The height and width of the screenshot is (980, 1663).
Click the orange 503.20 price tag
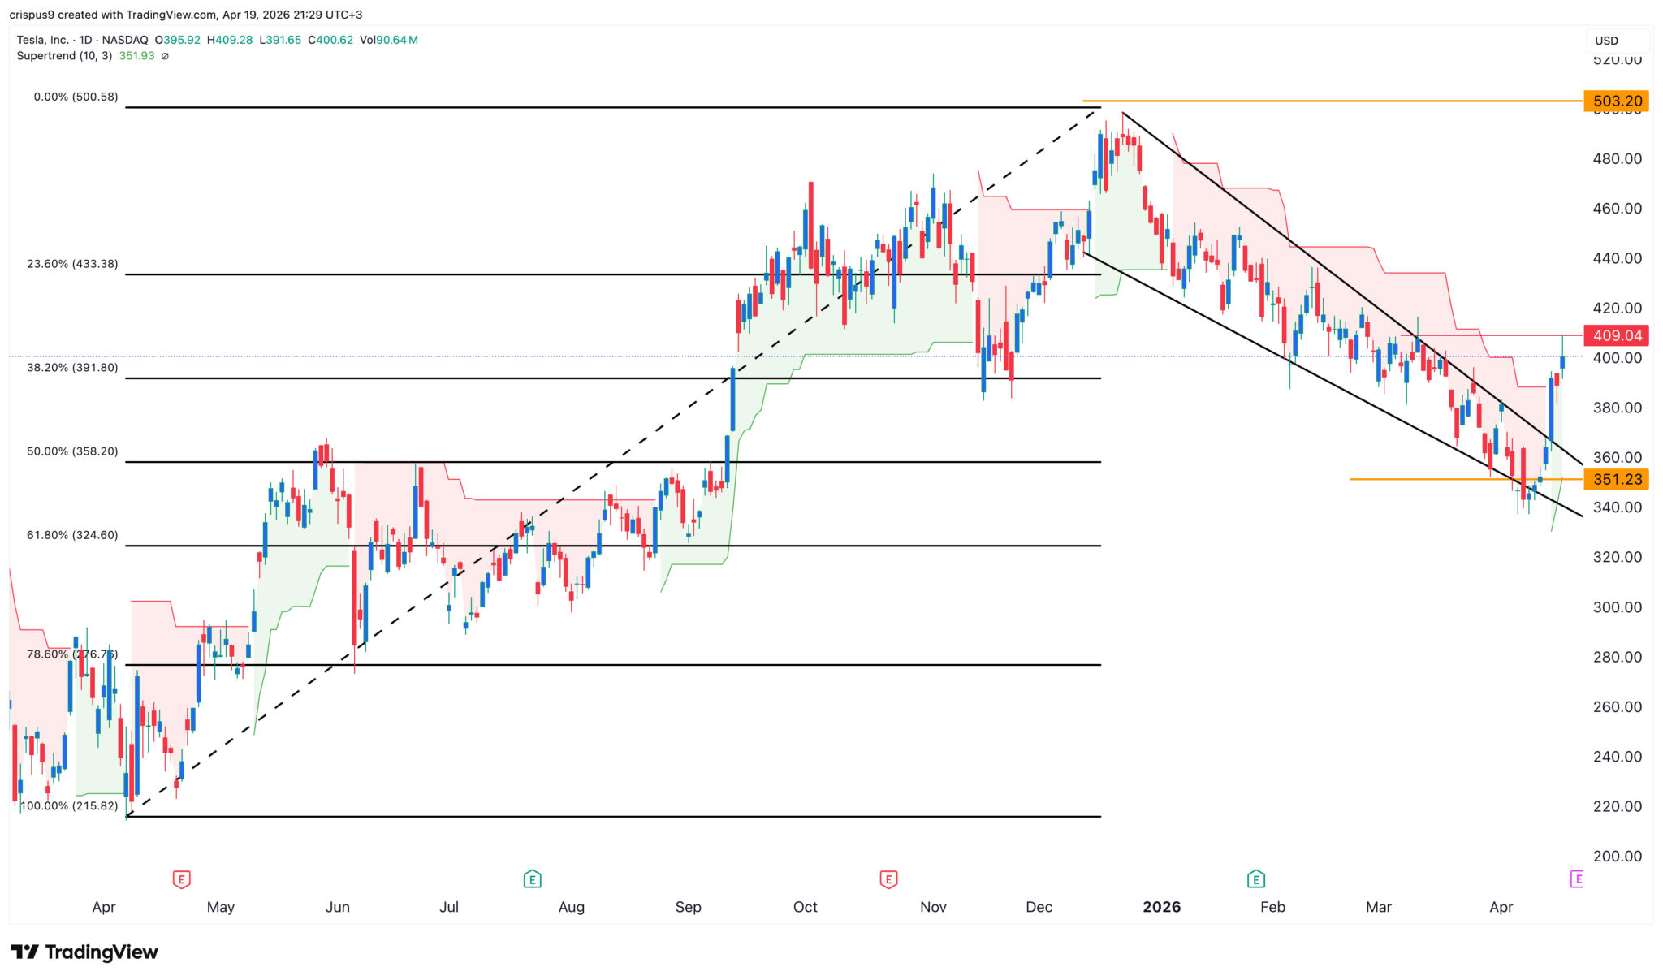pos(1616,101)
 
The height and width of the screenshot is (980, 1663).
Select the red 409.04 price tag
pos(1616,335)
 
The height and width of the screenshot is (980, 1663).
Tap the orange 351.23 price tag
pos(1616,479)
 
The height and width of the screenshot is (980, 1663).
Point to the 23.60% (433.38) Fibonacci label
pos(72,264)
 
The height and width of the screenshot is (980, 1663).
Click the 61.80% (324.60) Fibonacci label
pos(72,535)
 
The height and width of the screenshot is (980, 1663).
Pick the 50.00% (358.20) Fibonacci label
pos(72,451)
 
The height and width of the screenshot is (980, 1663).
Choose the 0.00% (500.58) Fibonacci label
pos(76,97)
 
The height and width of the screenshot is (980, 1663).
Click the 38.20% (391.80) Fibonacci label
pos(72,368)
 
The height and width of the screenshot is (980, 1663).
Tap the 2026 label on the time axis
pos(1161,907)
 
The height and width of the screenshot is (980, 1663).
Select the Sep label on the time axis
pos(688,907)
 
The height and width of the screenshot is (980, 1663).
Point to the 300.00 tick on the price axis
pos(1617,607)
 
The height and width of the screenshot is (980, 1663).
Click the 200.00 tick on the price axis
pos(1617,856)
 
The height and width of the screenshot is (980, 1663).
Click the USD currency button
pos(1606,41)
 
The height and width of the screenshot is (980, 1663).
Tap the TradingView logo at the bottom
pos(84,952)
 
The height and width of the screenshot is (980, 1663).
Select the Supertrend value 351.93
pos(136,56)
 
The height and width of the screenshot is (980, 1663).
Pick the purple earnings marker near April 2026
pos(1577,879)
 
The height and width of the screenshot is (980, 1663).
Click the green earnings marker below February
pos(1255,879)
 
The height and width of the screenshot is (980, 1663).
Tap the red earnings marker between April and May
pos(181,879)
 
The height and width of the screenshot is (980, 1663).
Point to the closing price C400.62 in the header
pos(329,40)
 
